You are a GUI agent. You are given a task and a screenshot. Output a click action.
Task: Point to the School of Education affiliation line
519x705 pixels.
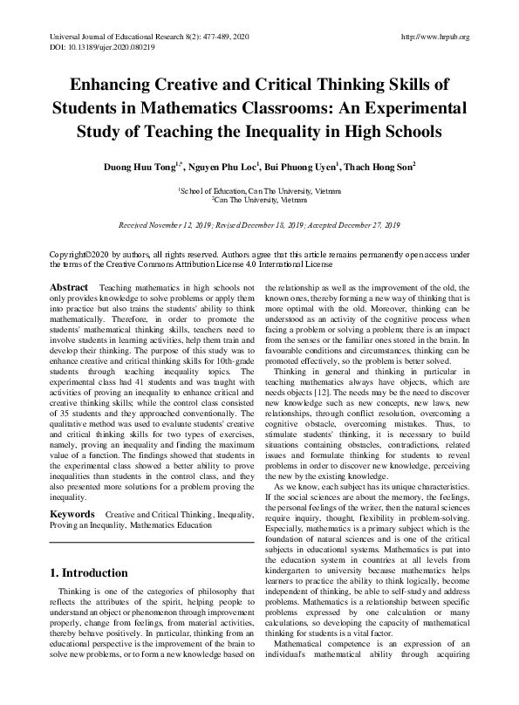(x=259, y=189)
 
